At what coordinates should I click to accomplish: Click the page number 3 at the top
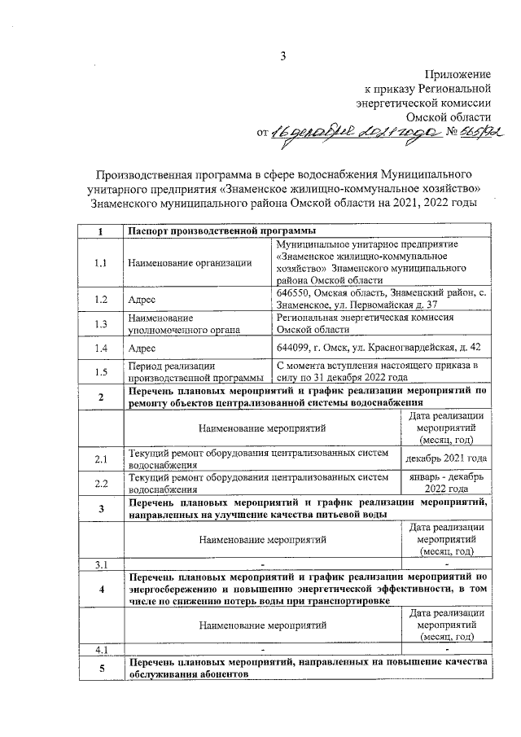[x=283, y=55]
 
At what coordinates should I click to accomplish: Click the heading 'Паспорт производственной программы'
[x=216, y=231]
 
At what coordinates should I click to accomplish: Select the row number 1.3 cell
[x=100, y=324]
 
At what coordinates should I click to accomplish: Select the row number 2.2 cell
[x=100, y=483]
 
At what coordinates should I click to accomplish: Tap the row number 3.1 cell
[x=100, y=564]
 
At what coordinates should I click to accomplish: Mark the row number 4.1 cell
[x=100, y=649]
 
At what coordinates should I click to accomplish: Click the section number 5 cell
[x=100, y=669]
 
